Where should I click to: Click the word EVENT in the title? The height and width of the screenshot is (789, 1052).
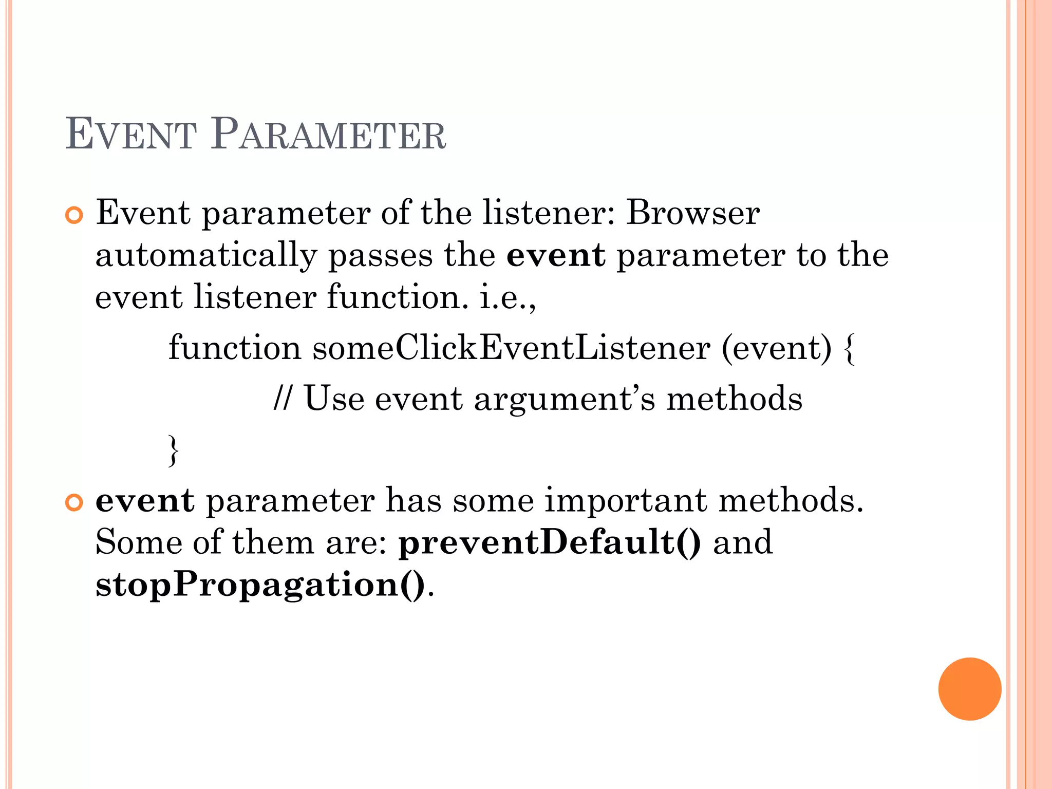(x=131, y=135)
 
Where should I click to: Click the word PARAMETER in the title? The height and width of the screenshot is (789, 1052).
(x=328, y=135)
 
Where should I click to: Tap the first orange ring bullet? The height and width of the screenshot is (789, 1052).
(x=74, y=216)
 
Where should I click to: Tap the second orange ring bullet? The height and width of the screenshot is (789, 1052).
(x=74, y=503)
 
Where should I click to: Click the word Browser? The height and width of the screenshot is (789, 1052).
(x=692, y=213)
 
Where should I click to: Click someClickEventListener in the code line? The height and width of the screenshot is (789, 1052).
(x=511, y=348)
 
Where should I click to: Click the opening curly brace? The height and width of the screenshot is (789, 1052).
(x=849, y=349)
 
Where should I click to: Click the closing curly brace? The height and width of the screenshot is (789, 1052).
(x=174, y=450)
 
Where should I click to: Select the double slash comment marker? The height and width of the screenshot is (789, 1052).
(x=283, y=398)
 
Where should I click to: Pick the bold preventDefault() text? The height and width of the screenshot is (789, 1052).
(x=550, y=542)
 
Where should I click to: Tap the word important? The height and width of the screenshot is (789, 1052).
(x=625, y=500)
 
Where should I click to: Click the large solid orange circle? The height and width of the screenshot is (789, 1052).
(x=969, y=689)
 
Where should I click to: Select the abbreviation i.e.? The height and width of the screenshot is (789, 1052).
(x=508, y=298)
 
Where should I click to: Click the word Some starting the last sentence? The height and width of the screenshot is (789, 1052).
(x=139, y=542)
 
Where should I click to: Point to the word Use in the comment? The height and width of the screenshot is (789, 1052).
(x=334, y=399)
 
